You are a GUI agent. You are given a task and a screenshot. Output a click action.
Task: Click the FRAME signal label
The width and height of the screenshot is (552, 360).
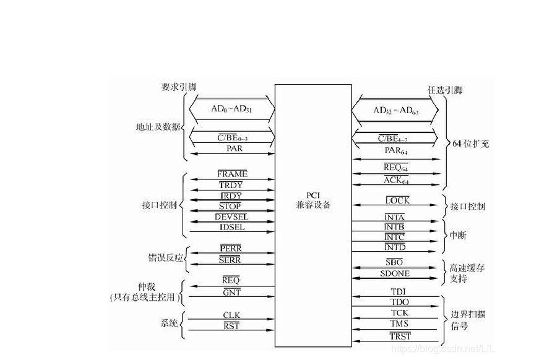point(232,174)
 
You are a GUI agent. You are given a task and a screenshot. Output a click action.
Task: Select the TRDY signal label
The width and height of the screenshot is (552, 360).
point(231,185)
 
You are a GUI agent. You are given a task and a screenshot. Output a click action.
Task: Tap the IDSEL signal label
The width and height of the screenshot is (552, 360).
point(232,227)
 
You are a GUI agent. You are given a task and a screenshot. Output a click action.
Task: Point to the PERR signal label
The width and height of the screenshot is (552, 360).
point(230,249)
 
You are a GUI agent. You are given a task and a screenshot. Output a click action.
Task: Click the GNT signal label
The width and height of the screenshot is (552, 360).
point(231,292)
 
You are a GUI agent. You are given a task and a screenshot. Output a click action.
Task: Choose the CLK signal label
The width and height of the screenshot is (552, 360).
point(231,315)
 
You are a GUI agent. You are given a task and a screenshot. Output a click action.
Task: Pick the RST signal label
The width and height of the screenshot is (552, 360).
point(231,326)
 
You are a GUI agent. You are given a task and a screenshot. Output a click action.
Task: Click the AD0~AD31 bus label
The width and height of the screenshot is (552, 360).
point(232,109)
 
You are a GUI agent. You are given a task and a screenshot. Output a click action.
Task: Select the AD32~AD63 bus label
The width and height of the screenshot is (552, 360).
point(396,111)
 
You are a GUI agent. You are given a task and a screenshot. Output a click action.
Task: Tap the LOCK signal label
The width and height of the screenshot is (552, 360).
point(397,201)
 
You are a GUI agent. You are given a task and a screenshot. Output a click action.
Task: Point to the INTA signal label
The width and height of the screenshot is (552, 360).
point(395,218)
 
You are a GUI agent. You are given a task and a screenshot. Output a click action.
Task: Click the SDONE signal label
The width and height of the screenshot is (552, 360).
point(395,273)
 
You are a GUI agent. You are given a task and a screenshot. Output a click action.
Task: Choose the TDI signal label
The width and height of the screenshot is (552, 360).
point(397,291)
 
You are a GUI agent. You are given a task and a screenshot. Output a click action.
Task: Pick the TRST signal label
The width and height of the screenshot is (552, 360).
point(400,336)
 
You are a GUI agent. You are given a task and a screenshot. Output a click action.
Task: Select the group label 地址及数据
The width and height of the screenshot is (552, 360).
point(158,127)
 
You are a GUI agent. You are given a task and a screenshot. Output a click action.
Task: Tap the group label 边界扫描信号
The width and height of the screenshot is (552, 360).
point(468,319)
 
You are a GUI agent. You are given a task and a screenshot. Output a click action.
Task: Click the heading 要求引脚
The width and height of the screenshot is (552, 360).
point(179,87)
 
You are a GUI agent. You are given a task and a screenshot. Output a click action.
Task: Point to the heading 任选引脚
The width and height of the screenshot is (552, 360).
point(445,90)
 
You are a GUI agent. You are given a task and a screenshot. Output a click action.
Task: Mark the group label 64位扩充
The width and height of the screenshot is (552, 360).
point(470,144)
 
